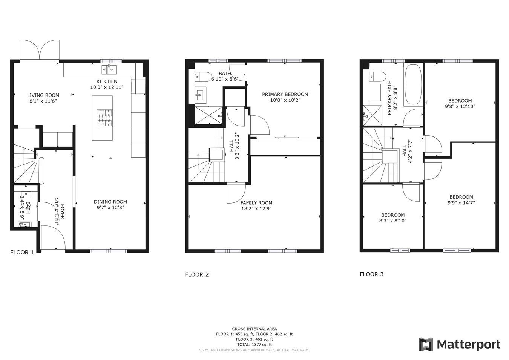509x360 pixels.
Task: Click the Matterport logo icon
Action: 426,345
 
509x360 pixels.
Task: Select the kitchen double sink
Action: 109,70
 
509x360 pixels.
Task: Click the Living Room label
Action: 43,95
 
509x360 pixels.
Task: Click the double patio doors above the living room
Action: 40,50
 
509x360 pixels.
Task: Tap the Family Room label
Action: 256,203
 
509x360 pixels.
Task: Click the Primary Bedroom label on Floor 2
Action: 285,94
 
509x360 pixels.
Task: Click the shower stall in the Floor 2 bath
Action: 209,115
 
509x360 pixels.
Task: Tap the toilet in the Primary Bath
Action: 378,77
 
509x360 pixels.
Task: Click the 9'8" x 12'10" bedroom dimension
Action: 460,106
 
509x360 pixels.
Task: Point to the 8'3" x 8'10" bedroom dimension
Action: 393,221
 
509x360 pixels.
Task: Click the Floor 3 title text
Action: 371,274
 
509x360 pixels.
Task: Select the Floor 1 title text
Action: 22,253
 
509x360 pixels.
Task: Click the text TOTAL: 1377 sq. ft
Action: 254,345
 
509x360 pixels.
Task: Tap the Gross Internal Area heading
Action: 254,329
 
